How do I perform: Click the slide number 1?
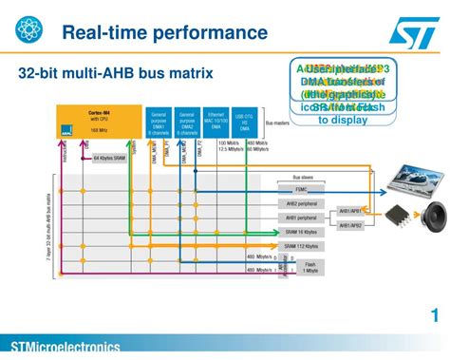[434, 316]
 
